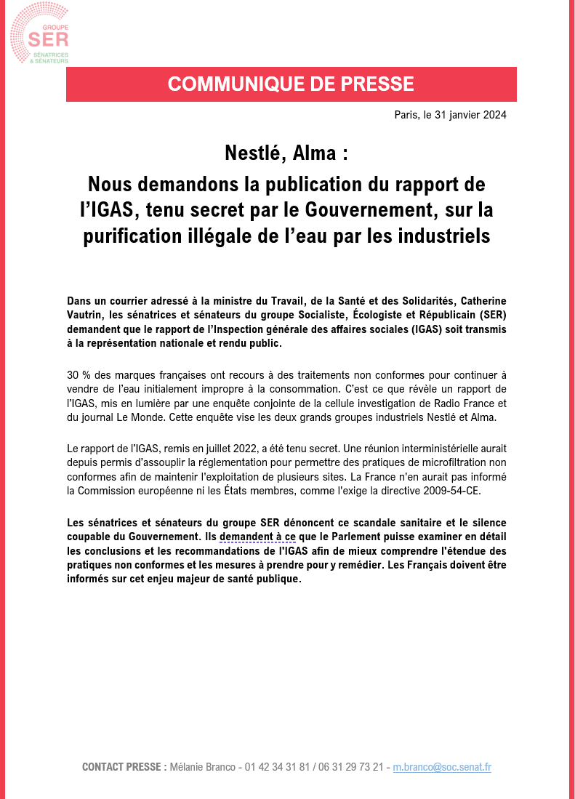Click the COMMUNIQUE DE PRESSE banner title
tap(291, 84)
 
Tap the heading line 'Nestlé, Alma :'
tap(286, 155)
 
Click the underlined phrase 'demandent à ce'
tap(257, 537)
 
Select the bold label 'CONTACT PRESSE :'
tap(124, 767)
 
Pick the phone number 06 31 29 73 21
tap(347, 767)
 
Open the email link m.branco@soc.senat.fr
tap(442, 767)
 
